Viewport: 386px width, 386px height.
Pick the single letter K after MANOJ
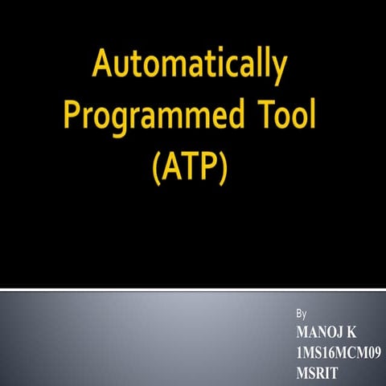click(x=351, y=331)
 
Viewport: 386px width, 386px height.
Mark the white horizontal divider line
click(x=193, y=286)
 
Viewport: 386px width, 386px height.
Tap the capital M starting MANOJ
click(x=302, y=331)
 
